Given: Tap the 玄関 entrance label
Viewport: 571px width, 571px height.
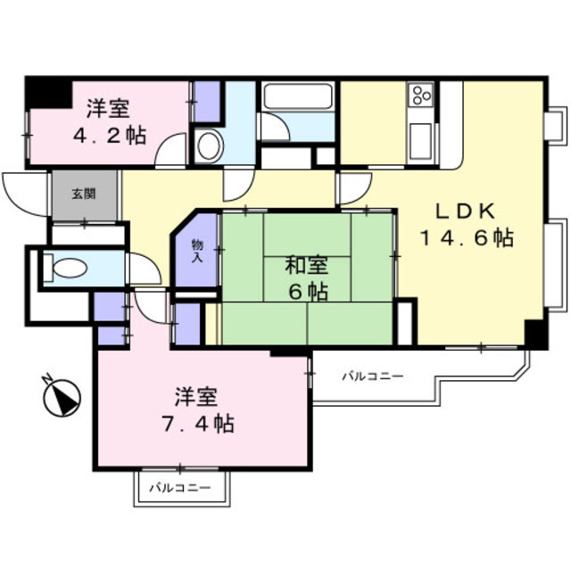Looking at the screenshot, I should pos(84,193).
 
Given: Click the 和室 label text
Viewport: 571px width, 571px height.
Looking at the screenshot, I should pos(306,265).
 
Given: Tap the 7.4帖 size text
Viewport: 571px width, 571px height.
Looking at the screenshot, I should pos(204,423).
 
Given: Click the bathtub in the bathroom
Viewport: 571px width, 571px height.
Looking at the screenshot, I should pos(298,97).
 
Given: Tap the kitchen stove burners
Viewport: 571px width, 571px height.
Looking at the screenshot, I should pos(419,95).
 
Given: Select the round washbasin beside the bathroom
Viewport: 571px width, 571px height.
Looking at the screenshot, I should pos(210,146).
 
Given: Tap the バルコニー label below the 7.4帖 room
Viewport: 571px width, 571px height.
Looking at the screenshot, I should pos(180,488).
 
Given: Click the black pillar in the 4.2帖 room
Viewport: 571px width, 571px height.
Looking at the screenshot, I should pos(49,93).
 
